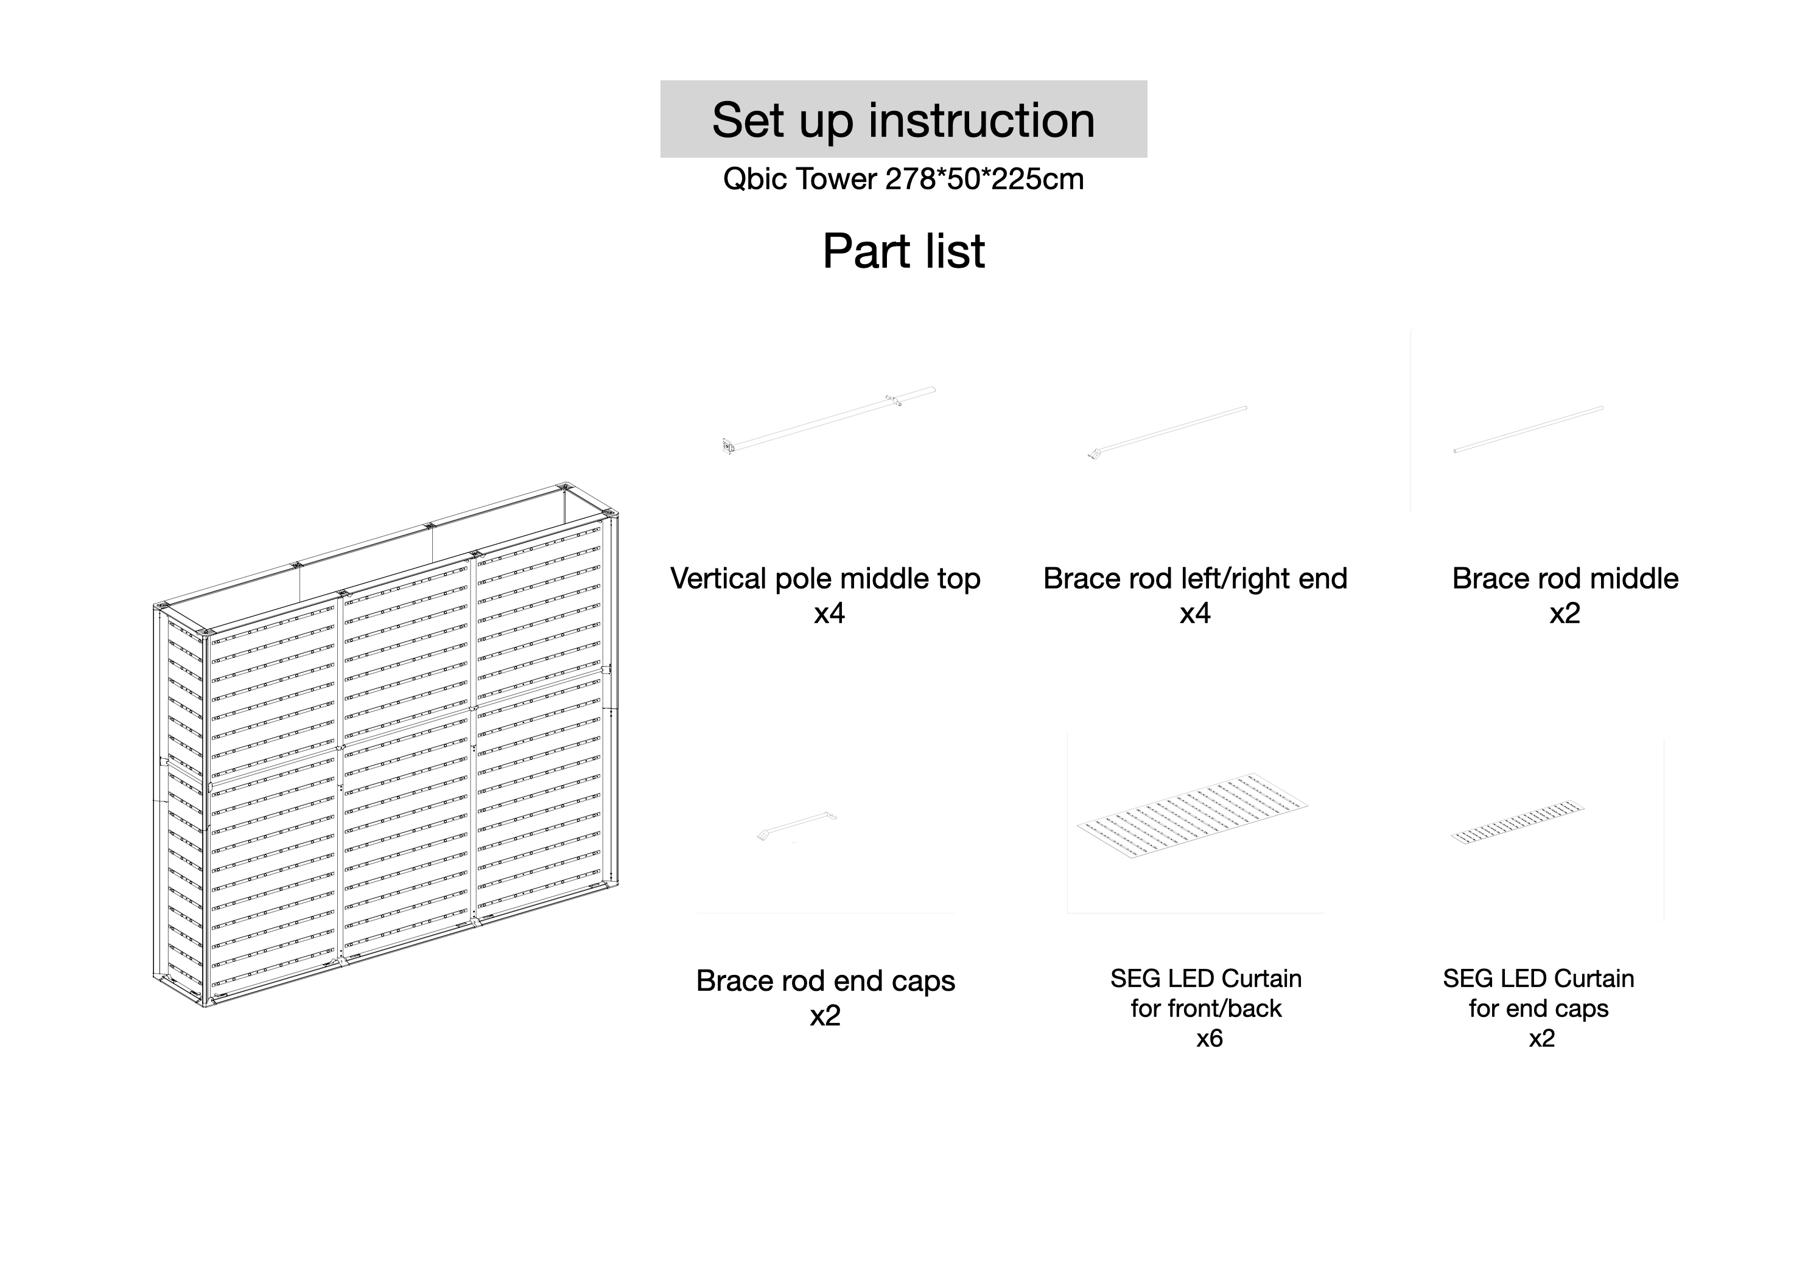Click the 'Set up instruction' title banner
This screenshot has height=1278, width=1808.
(x=903, y=120)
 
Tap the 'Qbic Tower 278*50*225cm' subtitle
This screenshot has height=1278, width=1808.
(x=903, y=180)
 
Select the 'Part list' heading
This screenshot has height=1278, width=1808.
(x=903, y=251)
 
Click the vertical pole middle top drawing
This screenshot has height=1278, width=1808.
(x=829, y=421)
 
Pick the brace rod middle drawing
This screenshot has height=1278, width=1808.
(x=1527, y=429)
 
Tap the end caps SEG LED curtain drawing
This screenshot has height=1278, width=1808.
(x=1518, y=823)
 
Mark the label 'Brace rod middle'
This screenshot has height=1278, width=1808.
(x=1564, y=579)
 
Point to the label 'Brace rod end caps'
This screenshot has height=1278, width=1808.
(x=825, y=981)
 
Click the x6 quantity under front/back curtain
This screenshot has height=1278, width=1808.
(x=1210, y=1039)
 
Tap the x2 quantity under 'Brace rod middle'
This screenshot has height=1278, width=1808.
(x=1564, y=613)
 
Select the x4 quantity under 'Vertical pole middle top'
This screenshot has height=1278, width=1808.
(x=829, y=613)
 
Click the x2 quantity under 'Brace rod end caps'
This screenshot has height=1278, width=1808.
(x=825, y=1016)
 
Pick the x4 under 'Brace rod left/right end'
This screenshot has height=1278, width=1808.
(x=1194, y=613)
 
